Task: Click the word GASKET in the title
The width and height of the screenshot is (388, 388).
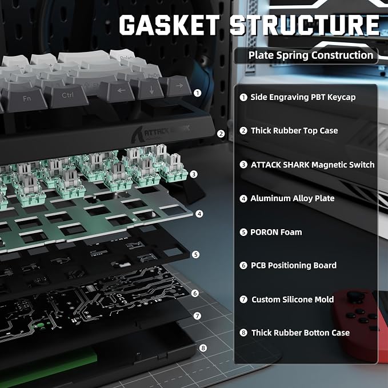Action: (x=170, y=25)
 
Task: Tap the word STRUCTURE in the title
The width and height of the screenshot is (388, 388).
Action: (x=305, y=25)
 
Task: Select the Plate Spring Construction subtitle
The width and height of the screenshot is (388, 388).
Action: (x=311, y=55)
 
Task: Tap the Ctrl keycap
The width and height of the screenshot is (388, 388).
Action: (x=66, y=95)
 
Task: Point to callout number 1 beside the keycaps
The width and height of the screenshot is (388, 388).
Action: (x=197, y=93)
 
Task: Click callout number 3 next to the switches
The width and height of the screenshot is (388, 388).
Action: (x=194, y=174)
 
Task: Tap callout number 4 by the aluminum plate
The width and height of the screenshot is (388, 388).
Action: (x=199, y=214)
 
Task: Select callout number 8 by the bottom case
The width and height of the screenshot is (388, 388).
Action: (x=203, y=348)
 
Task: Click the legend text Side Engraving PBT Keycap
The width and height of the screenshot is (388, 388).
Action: (x=303, y=97)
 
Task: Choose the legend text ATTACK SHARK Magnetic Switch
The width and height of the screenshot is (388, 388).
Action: (x=313, y=165)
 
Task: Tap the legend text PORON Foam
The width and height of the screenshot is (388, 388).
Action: (x=276, y=232)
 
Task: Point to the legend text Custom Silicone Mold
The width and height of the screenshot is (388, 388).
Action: (x=293, y=299)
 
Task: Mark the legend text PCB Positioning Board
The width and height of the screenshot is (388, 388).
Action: (x=294, y=265)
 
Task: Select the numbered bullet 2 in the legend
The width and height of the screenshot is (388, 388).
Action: (x=243, y=131)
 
